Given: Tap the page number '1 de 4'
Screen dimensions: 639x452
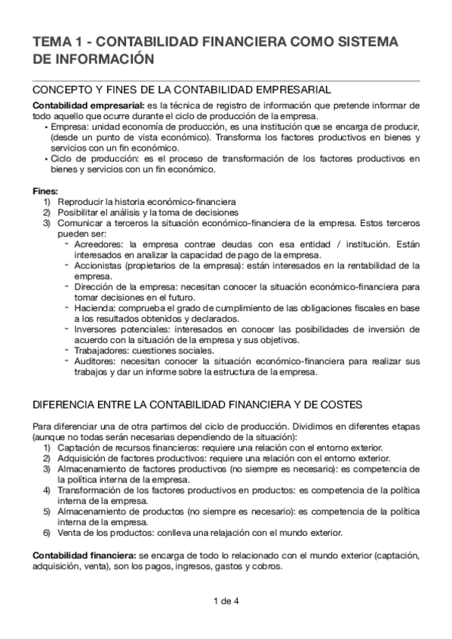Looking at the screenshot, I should [x=226, y=601].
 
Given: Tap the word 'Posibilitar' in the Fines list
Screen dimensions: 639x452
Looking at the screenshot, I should [x=79, y=213].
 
